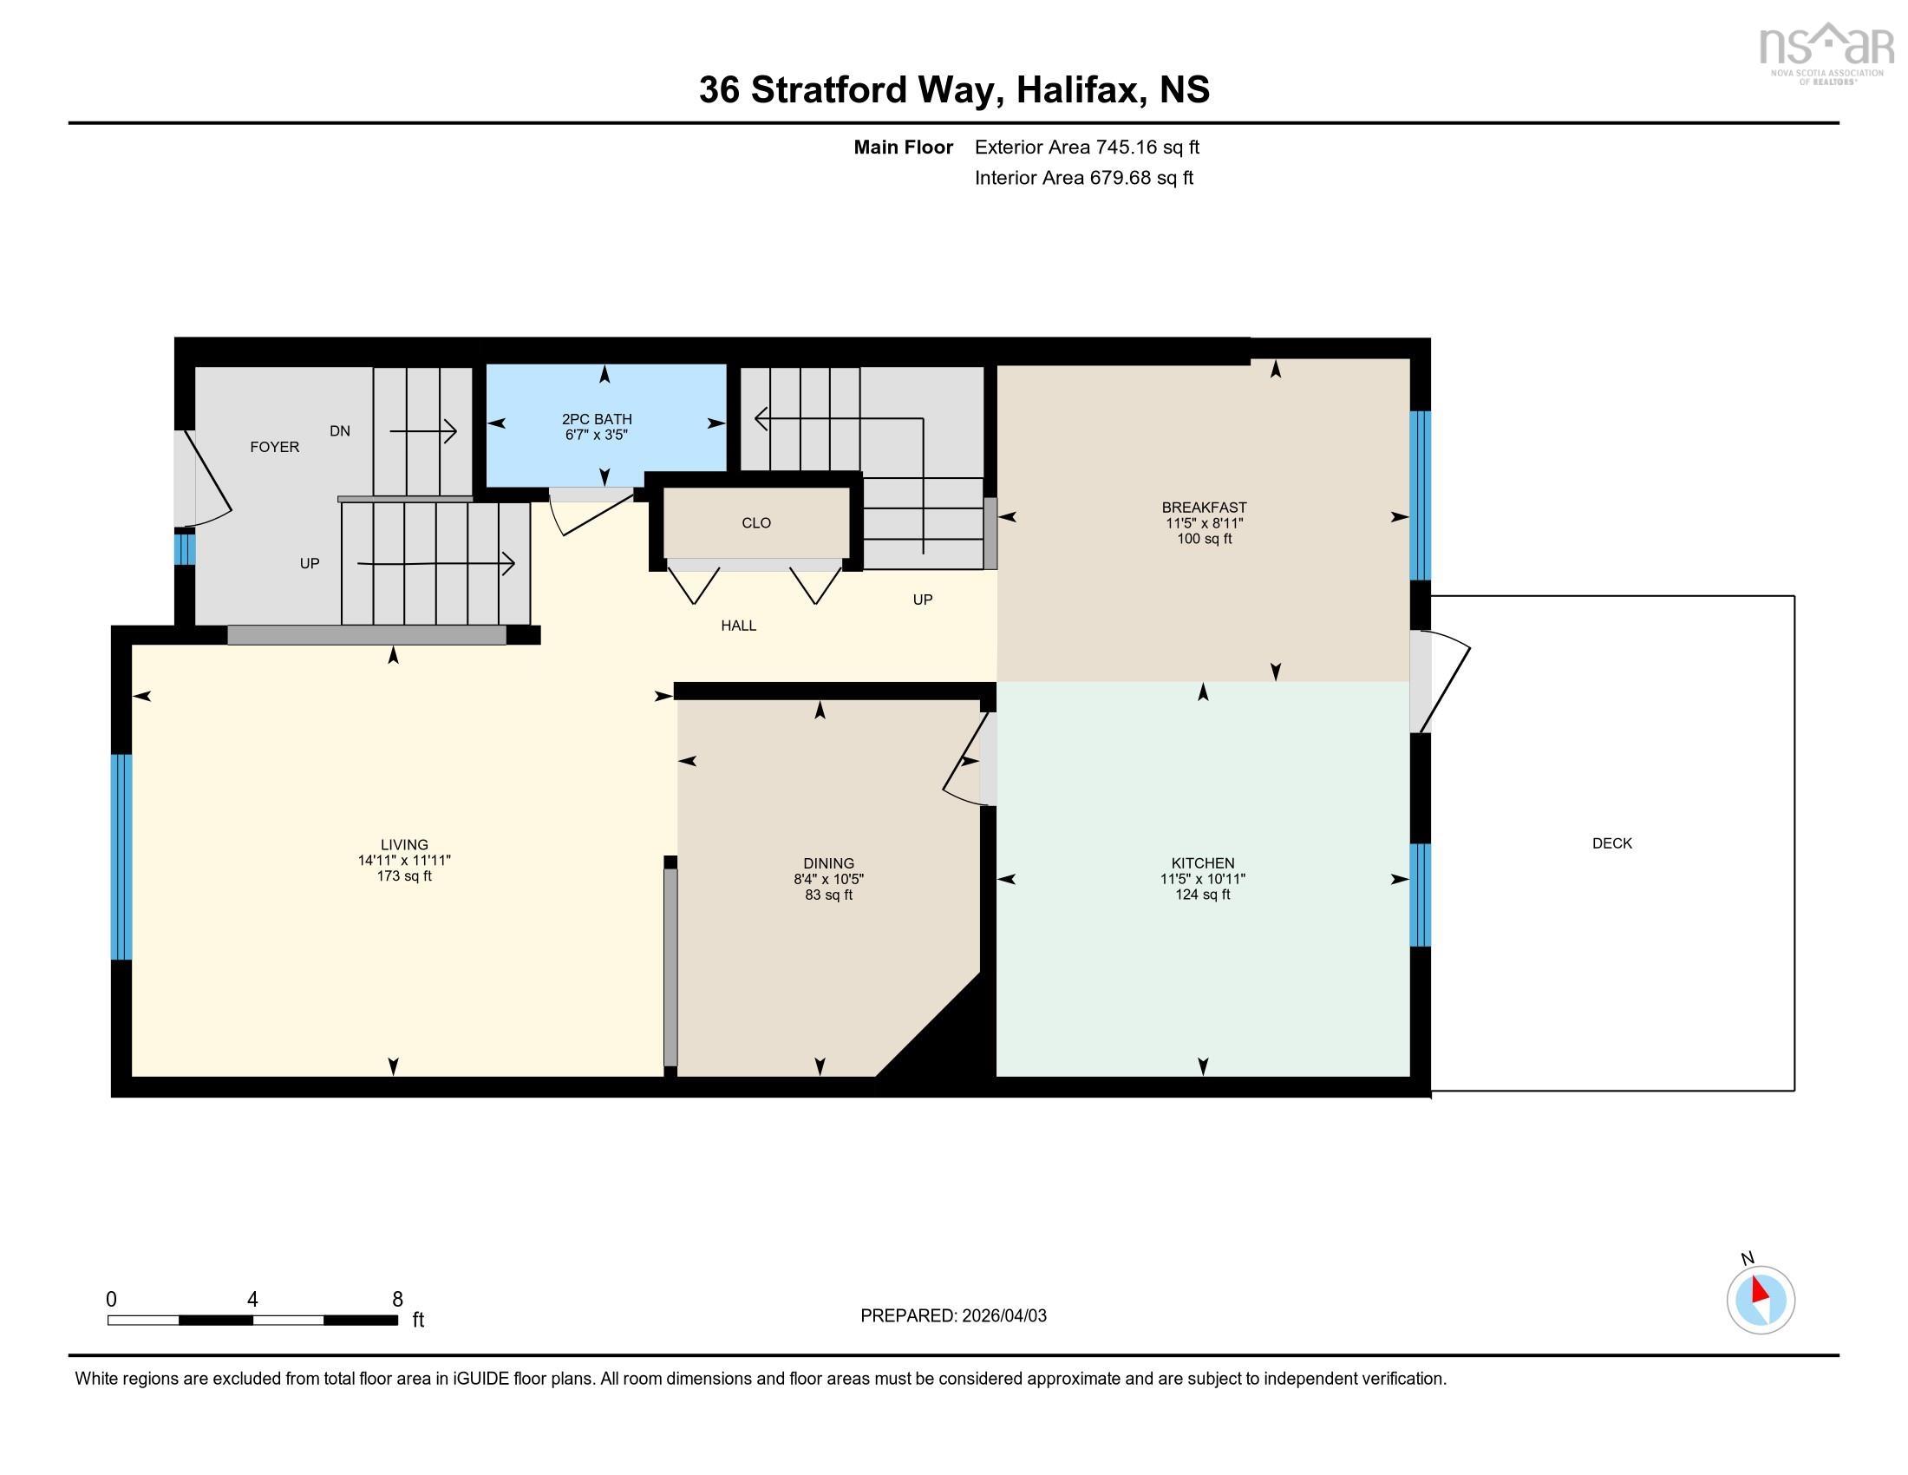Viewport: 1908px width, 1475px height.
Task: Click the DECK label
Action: pos(1612,843)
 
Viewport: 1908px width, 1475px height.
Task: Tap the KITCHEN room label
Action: pos(1203,863)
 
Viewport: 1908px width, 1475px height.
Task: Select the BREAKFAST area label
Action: pos(1204,508)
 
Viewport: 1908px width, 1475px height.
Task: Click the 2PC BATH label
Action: pos(597,419)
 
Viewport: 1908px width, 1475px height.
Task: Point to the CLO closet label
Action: pos(756,523)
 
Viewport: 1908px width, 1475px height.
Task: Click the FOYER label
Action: pos(274,448)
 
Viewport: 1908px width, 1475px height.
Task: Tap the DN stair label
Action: pos(340,431)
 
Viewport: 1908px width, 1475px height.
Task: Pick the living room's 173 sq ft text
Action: pos(404,876)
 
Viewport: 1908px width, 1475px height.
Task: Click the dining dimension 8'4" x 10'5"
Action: pos(829,879)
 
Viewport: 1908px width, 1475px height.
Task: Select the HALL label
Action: pos(738,626)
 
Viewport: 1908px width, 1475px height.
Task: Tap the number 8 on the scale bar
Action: pos(397,1300)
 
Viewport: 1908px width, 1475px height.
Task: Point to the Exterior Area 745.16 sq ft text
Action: pos(1087,147)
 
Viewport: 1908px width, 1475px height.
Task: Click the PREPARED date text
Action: pos(953,1316)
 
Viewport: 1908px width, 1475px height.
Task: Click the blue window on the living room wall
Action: pos(121,857)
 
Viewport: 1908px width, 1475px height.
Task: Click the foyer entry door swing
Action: pos(208,481)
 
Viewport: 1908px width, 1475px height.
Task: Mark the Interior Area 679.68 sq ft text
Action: pos(1083,178)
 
